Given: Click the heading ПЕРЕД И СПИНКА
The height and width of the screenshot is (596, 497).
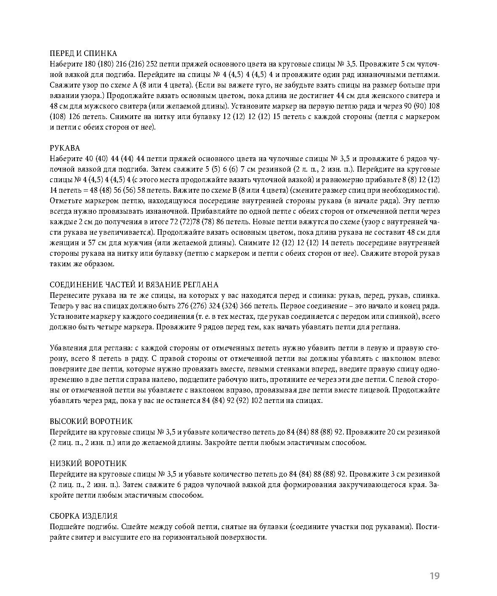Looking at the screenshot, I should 83,54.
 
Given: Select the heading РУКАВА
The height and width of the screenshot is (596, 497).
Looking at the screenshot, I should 64,148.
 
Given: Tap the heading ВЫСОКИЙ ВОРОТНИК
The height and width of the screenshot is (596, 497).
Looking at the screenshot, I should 91,421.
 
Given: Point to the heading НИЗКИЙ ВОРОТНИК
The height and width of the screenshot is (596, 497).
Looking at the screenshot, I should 88,464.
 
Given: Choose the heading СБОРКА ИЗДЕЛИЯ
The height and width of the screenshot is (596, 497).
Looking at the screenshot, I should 83,516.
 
